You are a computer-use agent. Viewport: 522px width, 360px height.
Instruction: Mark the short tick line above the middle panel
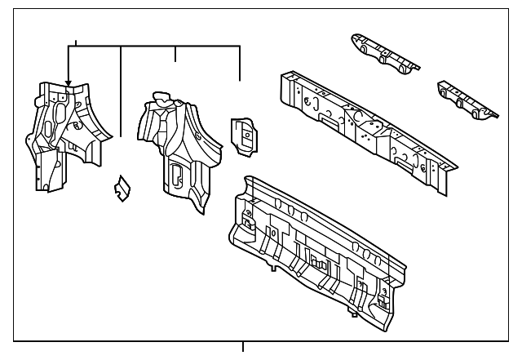click(175, 55)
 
